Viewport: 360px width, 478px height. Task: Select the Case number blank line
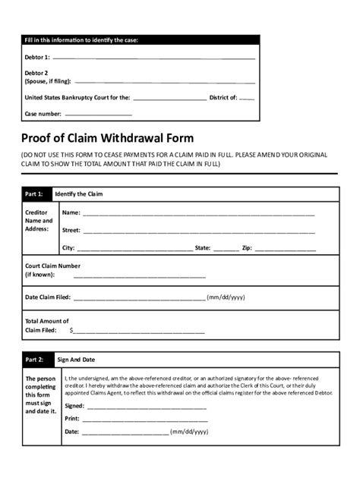tap(99, 115)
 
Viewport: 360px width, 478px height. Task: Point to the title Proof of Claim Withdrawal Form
tap(107, 138)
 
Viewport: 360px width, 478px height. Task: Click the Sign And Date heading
tap(76, 359)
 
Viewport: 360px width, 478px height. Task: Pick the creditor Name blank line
tap(198, 215)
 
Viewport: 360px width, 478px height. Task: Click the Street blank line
tap(198, 231)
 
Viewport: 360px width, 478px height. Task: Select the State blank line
tap(226, 250)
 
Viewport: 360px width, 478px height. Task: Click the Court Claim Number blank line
tap(139, 277)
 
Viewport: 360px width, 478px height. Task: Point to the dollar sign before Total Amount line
tap(71, 331)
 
